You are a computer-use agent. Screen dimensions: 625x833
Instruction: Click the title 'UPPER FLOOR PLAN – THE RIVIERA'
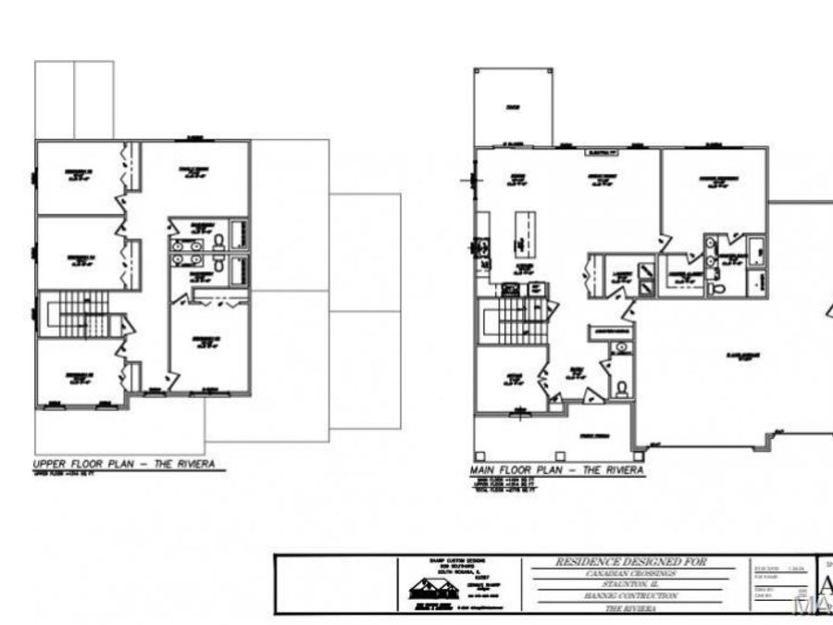click(130, 464)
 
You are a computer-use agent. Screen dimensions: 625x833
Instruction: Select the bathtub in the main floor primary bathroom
click(755, 249)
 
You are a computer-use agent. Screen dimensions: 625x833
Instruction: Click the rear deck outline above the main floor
click(512, 107)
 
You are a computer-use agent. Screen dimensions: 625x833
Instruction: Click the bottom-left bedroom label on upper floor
click(78, 374)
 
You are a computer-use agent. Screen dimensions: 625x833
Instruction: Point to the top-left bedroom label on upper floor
click(78, 173)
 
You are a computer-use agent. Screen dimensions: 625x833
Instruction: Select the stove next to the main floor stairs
click(534, 289)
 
